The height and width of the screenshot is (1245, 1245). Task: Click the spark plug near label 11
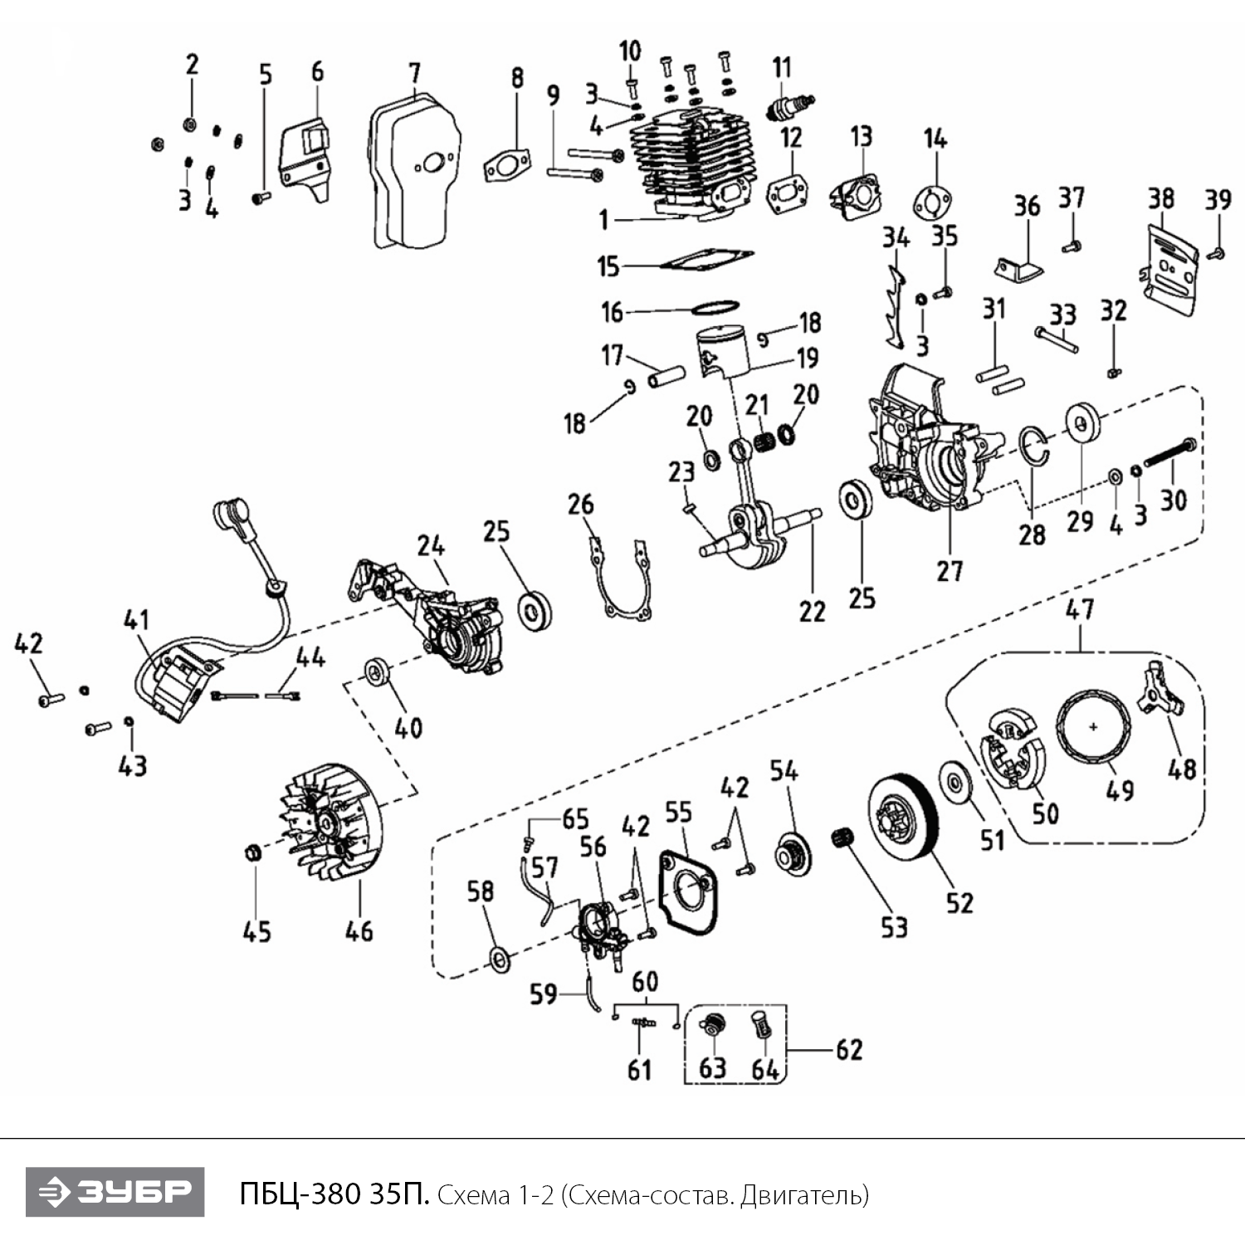789,107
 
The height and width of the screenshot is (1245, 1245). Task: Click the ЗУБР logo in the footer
115,1192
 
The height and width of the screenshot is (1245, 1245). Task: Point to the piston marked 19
724,349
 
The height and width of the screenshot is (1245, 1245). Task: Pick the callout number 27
950,571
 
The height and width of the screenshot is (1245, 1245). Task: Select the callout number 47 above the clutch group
1079,610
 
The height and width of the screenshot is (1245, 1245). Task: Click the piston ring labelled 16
715,307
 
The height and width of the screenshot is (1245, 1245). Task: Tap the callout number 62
848,1050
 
